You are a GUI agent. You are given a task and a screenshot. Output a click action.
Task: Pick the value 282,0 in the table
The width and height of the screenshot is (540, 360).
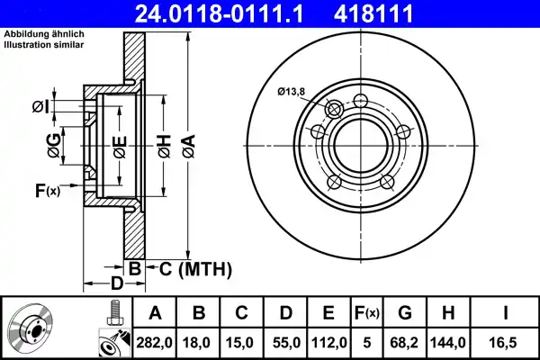point(155,342)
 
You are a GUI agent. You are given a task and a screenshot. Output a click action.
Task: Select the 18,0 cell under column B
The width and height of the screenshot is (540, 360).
point(199,342)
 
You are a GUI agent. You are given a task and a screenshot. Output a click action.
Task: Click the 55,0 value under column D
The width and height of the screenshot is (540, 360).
point(285,342)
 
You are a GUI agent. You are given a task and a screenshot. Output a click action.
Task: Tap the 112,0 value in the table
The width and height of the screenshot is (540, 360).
point(329,342)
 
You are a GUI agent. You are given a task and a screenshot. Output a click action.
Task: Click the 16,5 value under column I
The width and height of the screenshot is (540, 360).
point(507,342)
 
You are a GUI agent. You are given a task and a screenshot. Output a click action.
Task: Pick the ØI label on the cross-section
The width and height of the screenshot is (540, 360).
point(40,107)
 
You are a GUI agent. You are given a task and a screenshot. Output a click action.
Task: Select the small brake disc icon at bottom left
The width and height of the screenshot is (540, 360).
point(31,328)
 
